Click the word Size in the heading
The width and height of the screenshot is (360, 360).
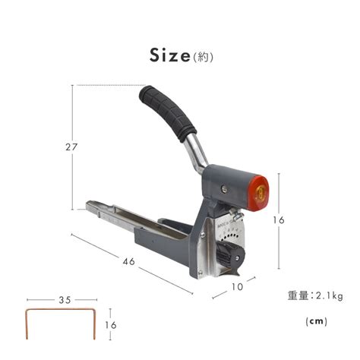[169, 55]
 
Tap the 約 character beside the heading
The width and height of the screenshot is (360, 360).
[203, 58]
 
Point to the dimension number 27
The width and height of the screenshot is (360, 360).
[71, 147]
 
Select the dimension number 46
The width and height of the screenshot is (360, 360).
[129, 261]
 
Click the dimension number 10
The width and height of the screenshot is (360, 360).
[237, 287]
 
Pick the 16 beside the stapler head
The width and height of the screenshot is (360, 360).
[279, 220]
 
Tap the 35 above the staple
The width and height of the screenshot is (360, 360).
[65, 300]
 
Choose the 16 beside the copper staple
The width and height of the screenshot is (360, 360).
[111, 325]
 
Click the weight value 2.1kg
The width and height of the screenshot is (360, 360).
[330, 296]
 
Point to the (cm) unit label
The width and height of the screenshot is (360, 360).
[317, 321]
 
